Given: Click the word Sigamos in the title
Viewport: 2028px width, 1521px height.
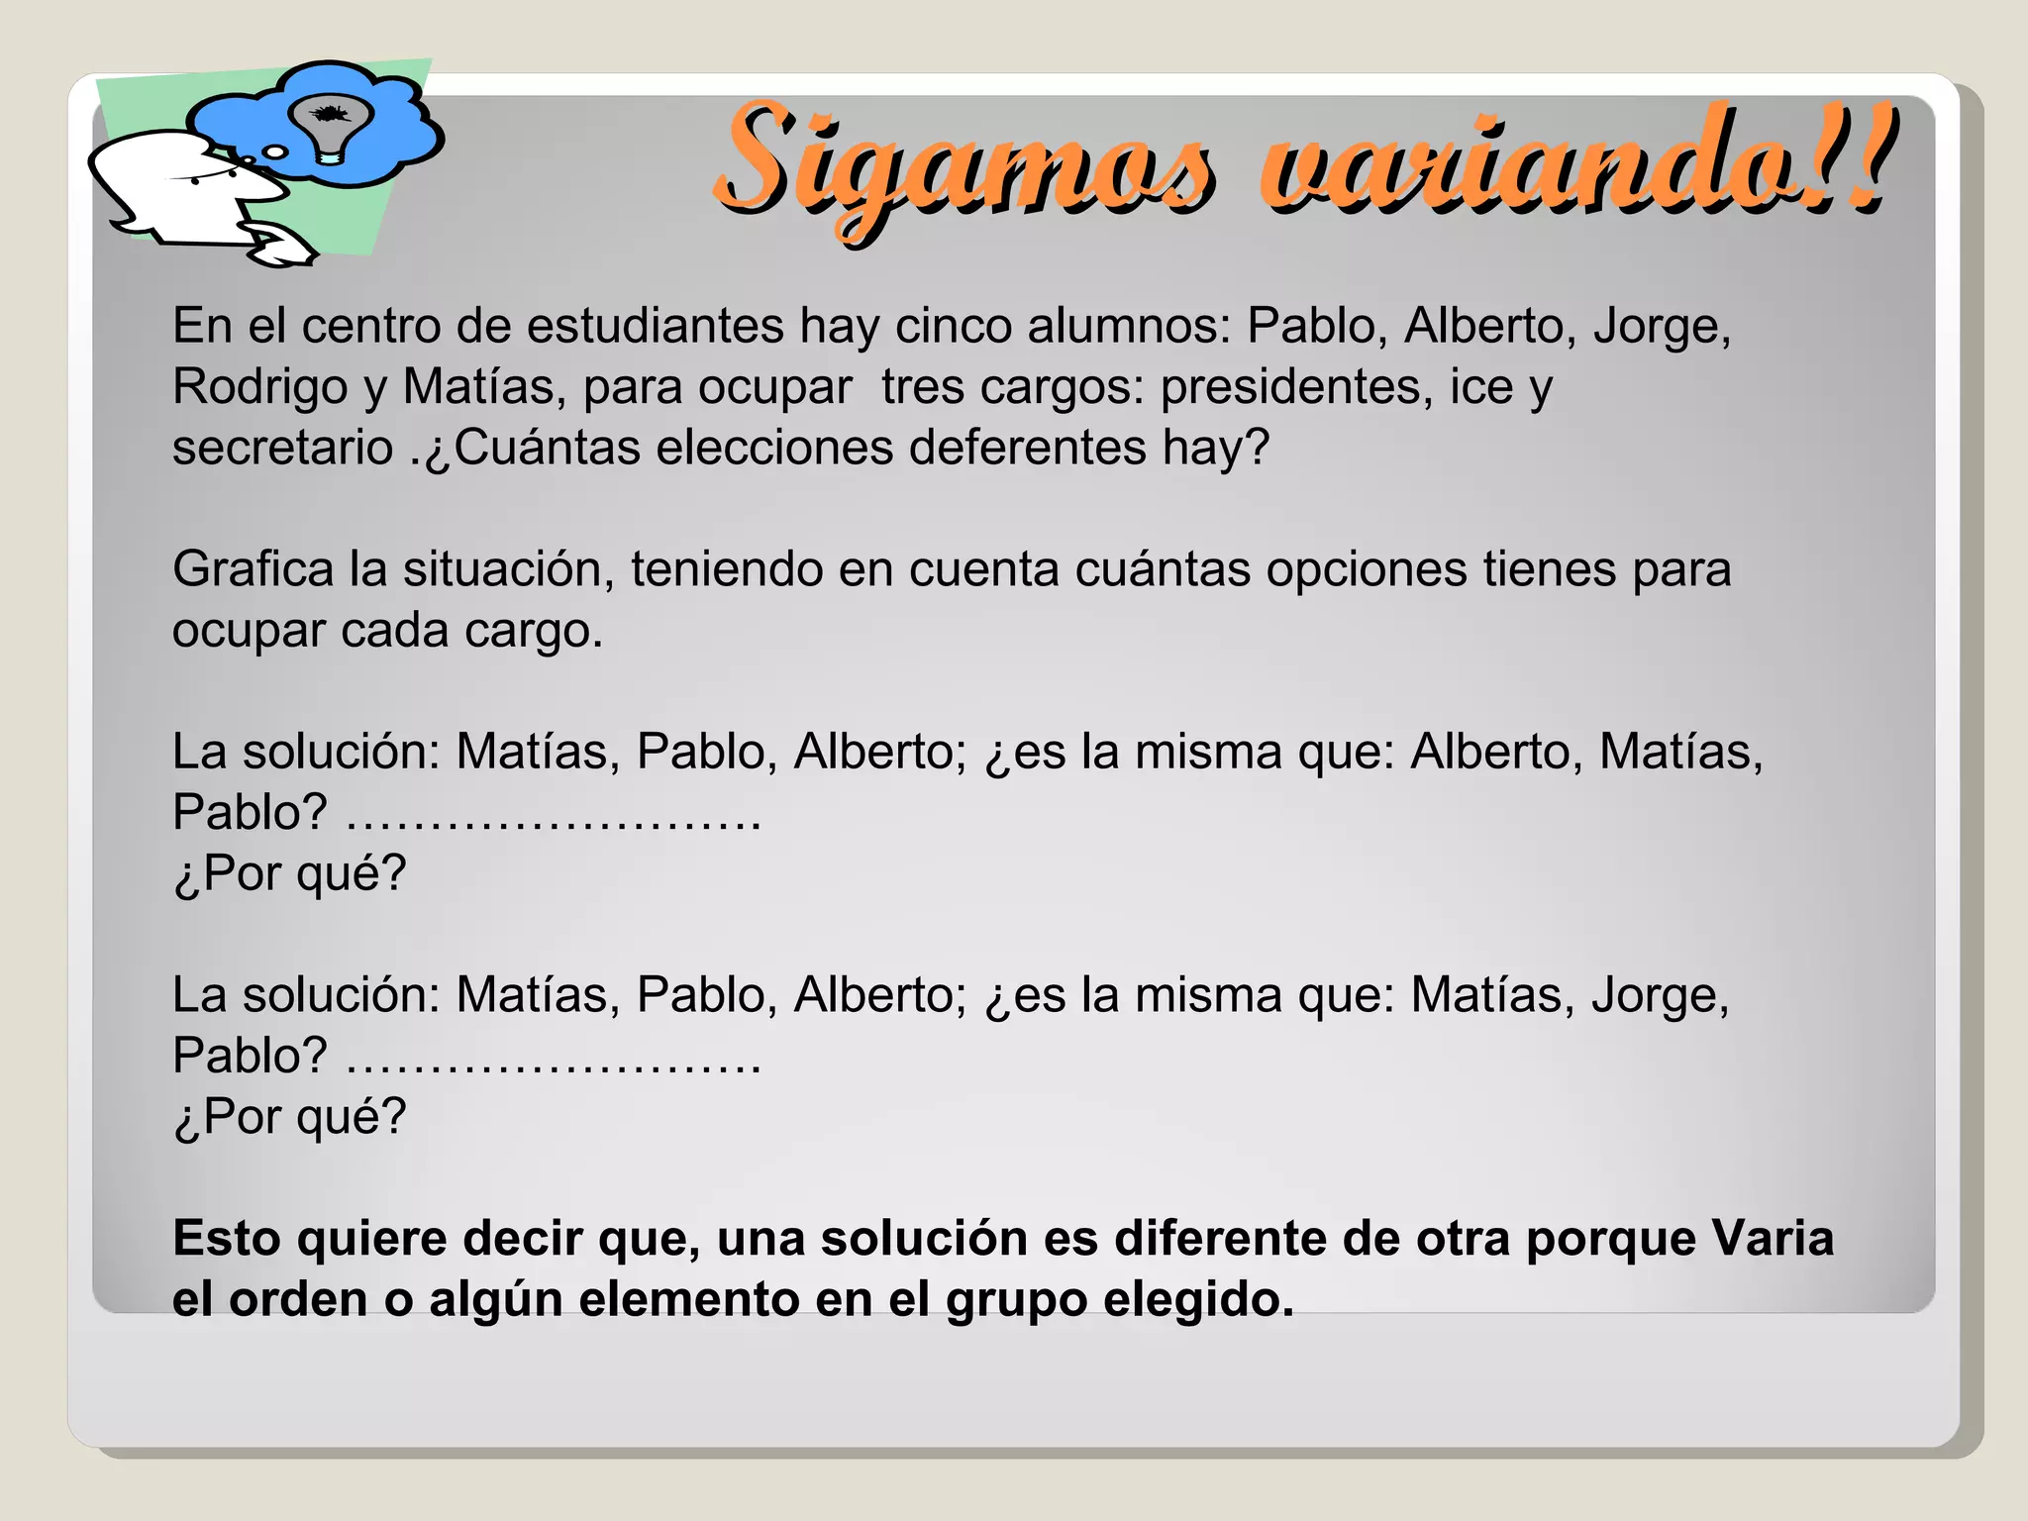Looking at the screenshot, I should pyautogui.click(x=964, y=163).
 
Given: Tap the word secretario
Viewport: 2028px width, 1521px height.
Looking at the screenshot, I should pyautogui.click(x=282, y=448).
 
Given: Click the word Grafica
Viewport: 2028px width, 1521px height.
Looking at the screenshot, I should pyautogui.click(x=253, y=570).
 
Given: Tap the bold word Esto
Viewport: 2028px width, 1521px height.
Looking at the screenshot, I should pyautogui.click(x=227, y=1239).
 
